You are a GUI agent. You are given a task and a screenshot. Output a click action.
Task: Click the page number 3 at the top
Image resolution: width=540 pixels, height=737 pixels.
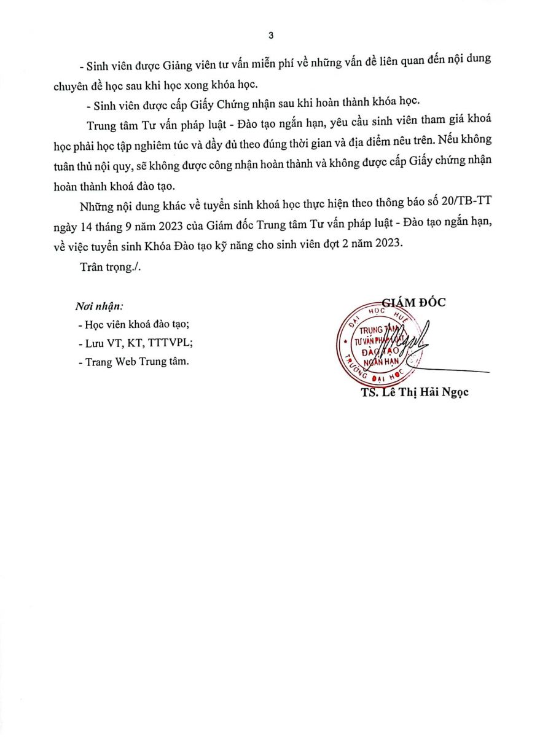pos(270,35)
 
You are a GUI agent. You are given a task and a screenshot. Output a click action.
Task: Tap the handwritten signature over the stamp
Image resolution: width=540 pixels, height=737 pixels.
pos(412,344)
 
